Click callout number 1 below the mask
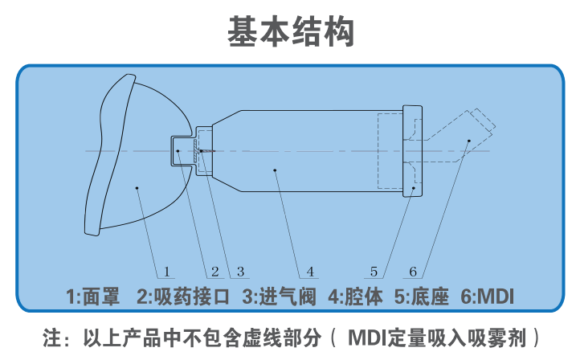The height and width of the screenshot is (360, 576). (x=167, y=271)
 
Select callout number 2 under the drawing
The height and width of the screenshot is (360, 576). (x=215, y=271)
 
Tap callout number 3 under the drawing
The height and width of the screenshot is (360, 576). (x=239, y=271)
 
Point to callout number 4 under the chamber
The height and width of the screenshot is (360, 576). (x=310, y=271)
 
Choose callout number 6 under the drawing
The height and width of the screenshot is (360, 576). (x=413, y=271)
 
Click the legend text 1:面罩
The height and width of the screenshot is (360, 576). (x=93, y=296)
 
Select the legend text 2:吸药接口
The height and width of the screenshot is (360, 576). (x=183, y=296)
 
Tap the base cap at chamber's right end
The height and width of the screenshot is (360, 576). (x=412, y=152)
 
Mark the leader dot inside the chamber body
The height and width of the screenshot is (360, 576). (x=275, y=170)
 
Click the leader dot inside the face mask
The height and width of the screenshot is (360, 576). (x=138, y=188)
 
